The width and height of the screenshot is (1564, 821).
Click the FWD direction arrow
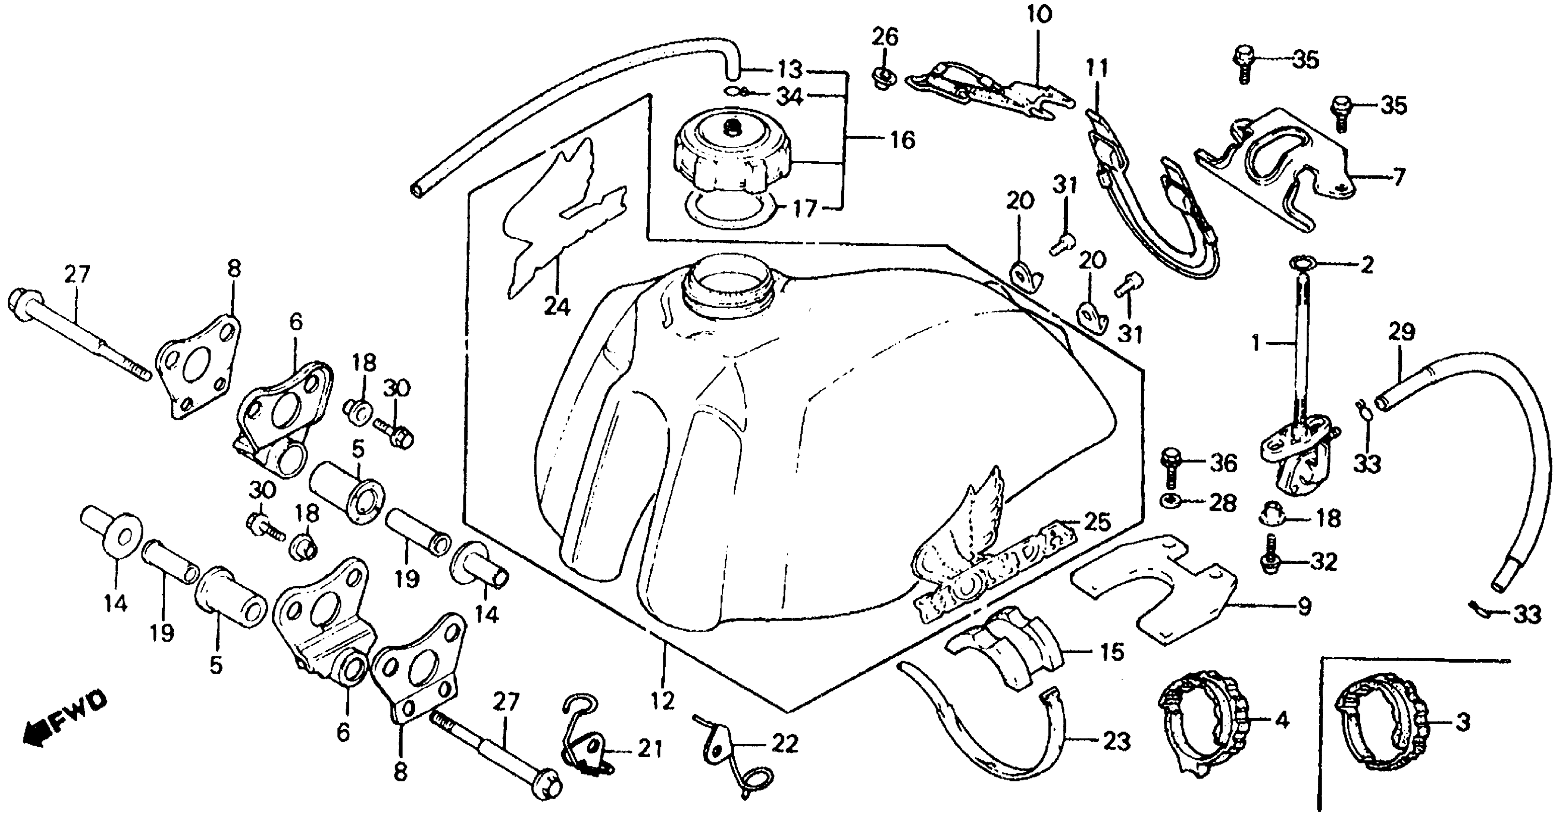64,722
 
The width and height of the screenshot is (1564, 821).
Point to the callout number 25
1097,522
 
